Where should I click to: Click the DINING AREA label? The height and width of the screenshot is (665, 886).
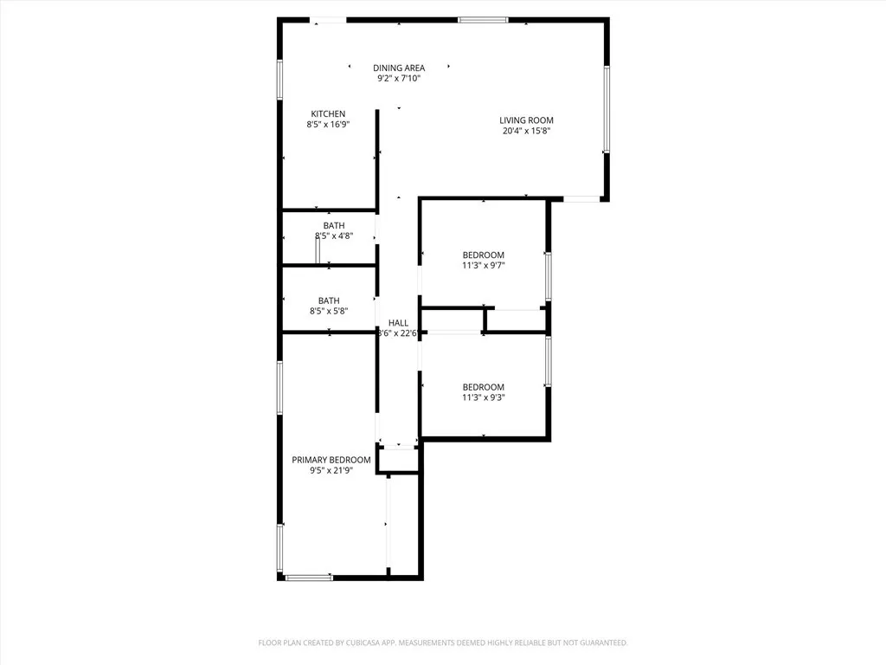(399, 68)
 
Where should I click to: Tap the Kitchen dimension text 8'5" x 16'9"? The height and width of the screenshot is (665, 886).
(328, 125)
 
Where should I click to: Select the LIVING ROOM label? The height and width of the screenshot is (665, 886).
(526, 120)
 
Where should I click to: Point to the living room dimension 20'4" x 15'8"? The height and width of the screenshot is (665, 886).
(526, 132)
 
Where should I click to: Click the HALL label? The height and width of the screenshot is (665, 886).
(398, 323)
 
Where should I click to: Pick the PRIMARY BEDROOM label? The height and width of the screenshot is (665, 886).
(331, 460)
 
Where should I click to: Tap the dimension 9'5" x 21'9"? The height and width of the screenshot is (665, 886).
(331, 471)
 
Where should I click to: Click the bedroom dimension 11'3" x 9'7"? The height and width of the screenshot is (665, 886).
(483, 266)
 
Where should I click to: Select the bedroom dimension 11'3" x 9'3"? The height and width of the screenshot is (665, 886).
(483, 398)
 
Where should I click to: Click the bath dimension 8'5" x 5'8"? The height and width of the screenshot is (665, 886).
(328, 312)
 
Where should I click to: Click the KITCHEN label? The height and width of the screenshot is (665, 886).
(328, 113)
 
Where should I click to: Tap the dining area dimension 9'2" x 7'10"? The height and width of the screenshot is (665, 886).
(399, 79)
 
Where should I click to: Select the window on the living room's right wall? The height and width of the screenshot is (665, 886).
(607, 109)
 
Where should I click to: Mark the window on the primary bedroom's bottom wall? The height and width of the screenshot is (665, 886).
(309, 577)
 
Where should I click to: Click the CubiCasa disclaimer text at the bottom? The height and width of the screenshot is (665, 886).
(443, 642)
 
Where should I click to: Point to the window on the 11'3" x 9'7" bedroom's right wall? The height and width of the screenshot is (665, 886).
(548, 276)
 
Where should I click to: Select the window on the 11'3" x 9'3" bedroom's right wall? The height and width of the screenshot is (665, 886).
(548, 360)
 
